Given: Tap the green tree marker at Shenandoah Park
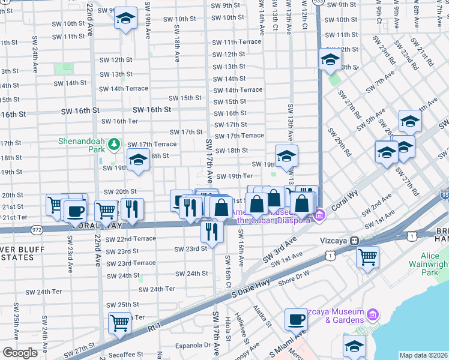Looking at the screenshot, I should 113,144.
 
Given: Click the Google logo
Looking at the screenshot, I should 20,352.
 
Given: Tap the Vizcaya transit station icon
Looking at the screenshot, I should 355,240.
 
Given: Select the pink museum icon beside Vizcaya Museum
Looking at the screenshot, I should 372,314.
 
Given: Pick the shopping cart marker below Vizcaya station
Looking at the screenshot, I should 367,257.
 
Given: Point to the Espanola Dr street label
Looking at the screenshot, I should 193,345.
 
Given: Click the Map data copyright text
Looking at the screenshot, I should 423,355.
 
